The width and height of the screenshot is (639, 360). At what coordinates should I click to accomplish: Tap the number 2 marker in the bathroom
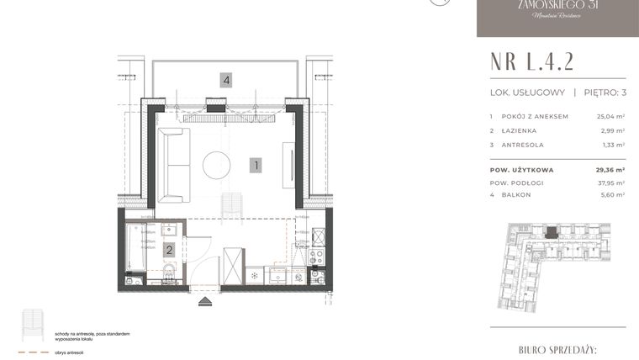169,249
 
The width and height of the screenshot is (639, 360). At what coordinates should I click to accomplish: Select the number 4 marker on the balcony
226,81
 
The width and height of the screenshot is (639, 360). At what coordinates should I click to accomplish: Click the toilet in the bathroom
168,271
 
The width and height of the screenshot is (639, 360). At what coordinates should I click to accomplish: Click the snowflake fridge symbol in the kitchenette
255,274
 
